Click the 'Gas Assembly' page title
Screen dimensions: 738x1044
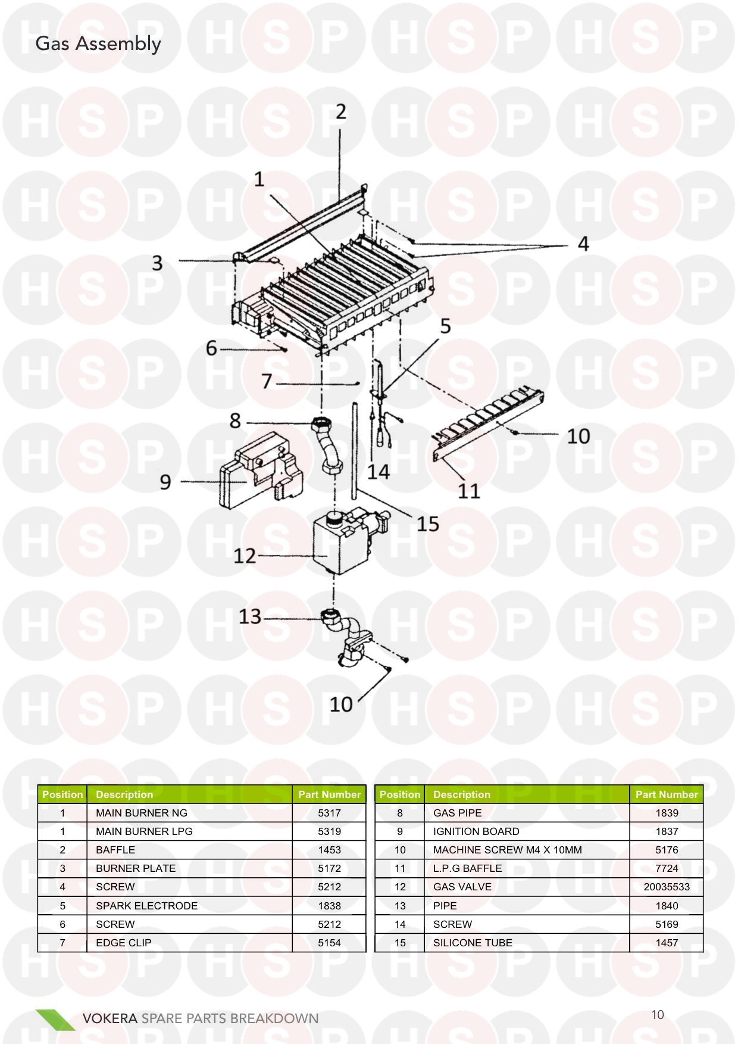coord(98,44)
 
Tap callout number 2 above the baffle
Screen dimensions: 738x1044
coord(340,111)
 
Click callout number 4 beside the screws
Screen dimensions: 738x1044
coord(583,244)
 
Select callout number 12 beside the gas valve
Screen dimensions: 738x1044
coord(245,556)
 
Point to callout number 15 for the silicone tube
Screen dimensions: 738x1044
coord(427,524)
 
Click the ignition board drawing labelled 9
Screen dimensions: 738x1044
coord(261,470)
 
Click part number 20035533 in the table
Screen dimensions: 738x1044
coord(667,887)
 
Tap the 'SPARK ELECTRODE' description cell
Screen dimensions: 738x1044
coord(146,905)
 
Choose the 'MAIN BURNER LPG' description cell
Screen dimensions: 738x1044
coord(144,831)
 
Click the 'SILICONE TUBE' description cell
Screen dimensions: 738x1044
coord(473,943)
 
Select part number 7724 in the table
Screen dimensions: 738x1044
coord(667,868)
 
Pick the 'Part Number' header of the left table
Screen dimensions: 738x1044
coord(329,794)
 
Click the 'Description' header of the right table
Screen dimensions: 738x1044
coord(461,794)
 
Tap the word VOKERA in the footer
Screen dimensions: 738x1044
coord(110,1018)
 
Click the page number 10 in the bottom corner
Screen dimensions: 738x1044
coord(657,1015)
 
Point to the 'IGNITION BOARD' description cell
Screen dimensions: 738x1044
coord(476,831)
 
